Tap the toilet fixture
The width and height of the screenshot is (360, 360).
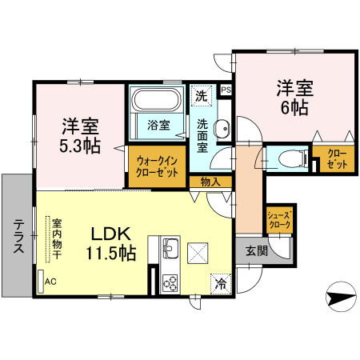[x=294, y=157]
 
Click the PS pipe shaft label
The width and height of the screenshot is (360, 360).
[x=226, y=90]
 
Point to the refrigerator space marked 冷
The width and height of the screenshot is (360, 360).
[x=218, y=283]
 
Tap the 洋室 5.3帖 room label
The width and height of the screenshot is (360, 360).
[x=81, y=135]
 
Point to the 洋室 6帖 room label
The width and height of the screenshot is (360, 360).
[x=294, y=97]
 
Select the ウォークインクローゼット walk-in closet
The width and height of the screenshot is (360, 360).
[x=157, y=166]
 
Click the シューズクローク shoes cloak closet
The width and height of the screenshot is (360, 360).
[x=278, y=219]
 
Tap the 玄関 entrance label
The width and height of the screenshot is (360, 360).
[x=256, y=250]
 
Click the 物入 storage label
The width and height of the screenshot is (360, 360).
[x=210, y=182]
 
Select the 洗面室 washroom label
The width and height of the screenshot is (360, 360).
[x=203, y=135]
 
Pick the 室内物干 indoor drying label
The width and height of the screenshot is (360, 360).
[x=58, y=238]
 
